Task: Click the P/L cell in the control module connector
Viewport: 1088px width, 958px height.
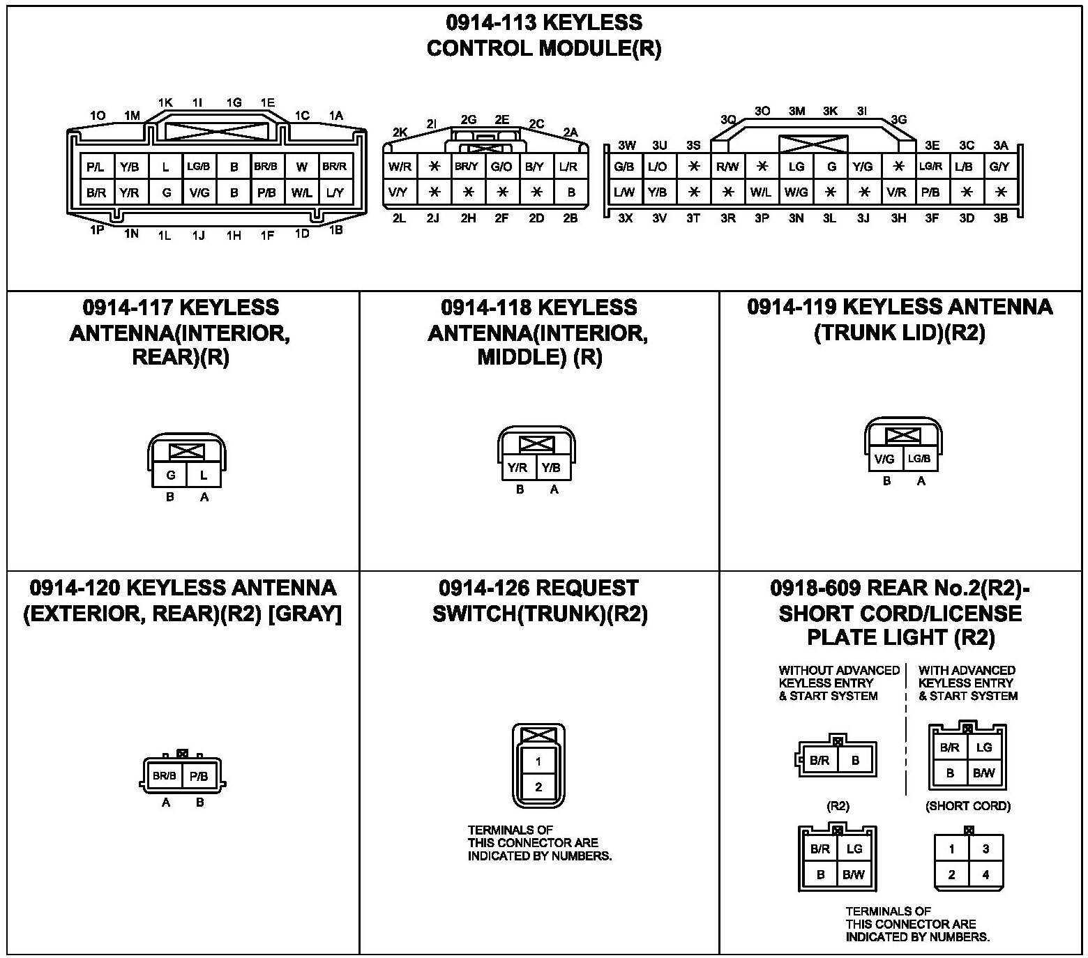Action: tap(96, 167)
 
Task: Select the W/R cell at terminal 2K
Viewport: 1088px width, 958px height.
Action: tap(400, 167)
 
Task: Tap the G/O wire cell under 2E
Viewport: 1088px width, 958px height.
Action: tap(501, 167)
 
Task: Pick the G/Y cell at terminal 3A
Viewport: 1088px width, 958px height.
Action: tap(999, 167)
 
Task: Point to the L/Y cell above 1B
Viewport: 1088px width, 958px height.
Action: tap(335, 192)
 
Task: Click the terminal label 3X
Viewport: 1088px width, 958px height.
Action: tap(625, 218)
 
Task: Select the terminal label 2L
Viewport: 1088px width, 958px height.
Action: tap(399, 218)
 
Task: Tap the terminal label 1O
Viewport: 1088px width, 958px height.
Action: tap(98, 116)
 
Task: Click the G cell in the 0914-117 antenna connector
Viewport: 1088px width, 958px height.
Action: tap(170, 476)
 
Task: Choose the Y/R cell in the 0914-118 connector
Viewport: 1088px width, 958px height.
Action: tap(517, 468)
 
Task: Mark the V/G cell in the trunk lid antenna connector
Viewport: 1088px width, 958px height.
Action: tap(884, 459)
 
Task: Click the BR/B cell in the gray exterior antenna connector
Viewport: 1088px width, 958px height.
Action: tap(165, 776)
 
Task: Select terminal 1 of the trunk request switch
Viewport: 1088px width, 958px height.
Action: tap(538, 761)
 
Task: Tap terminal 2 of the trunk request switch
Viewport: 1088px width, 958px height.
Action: tap(538, 787)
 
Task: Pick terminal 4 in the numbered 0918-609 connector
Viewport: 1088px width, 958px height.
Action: tap(985, 875)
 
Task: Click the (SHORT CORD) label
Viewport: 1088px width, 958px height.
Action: tap(967, 806)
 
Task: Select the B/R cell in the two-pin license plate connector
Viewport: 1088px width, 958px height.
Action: tap(819, 761)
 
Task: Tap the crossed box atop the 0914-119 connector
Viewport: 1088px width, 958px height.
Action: tap(902, 436)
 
